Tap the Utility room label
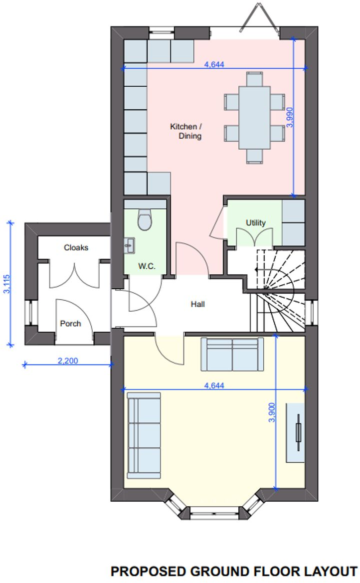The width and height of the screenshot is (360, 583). point(256,222)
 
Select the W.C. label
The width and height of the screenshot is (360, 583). point(146,266)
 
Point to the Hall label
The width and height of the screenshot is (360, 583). point(197,304)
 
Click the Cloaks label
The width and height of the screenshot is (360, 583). point(76,247)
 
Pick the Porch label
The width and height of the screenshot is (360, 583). point(70,323)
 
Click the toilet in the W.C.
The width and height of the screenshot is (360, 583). point(145,220)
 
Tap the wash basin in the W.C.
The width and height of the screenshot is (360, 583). point(130,244)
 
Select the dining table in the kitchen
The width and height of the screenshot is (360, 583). point(254,117)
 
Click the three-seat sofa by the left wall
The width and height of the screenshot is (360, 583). point(144,434)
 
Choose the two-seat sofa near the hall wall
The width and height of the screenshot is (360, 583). point(232,354)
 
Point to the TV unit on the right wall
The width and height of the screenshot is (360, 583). point(296,432)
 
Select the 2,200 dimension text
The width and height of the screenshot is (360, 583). point(68,361)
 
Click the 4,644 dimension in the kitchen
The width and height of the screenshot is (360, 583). point(215,64)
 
